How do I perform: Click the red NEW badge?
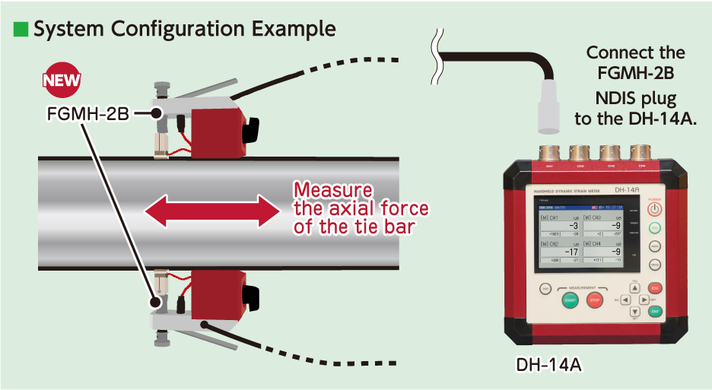click(x=62, y=81)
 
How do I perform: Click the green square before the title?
click(x=20, y=30)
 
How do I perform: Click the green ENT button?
click(x=655, y=311)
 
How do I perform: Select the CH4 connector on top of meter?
click(x=640, y=152)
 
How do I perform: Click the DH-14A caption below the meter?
click(x=549, y=365)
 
